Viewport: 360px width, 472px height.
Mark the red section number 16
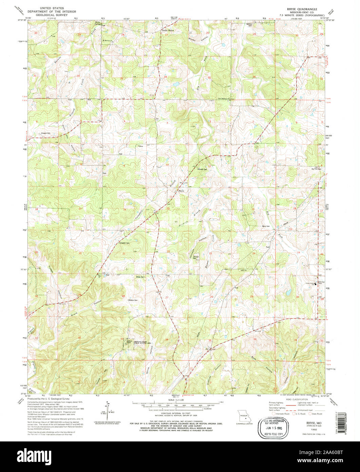pos(125,210)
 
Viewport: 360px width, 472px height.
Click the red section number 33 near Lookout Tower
pos(121,339)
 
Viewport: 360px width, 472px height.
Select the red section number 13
pos(253,209)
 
